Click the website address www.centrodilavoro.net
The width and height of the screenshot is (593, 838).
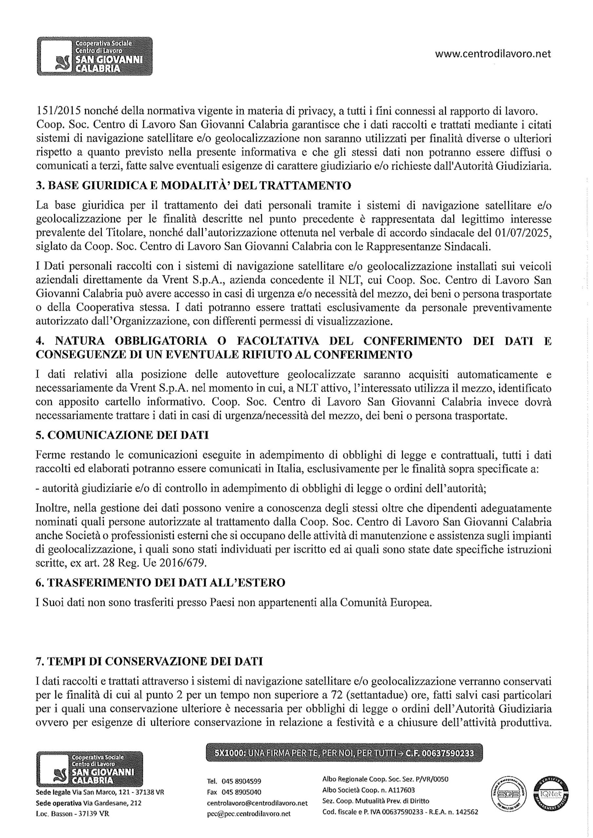point(493,54)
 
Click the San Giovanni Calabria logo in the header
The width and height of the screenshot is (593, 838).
point(95,56)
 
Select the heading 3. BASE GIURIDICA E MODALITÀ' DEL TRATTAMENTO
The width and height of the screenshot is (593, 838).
point(194,186)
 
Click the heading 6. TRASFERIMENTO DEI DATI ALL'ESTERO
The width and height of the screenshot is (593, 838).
point(160,583)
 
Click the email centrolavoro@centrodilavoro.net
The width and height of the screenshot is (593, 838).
point(257,803)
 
